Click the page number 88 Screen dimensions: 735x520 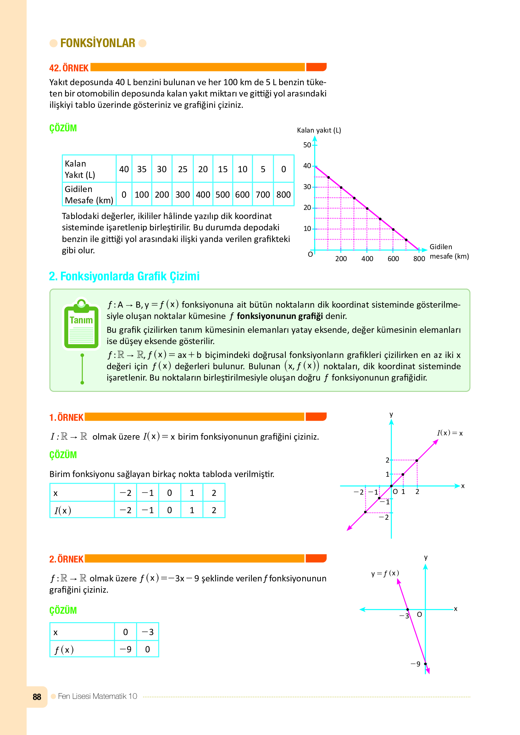(37, 697)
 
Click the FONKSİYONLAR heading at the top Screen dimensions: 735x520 (98, 43)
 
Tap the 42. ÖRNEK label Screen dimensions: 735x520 (69, 68)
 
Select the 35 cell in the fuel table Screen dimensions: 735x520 (142, 169)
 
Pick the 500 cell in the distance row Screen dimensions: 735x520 (223, 194)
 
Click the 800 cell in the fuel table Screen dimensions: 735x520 (283, 194)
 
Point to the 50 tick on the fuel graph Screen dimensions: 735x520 (307, 145)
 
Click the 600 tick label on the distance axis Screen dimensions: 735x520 (393, 259)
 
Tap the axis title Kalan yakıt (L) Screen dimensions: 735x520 (319, 130)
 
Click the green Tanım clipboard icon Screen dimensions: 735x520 (81, 325)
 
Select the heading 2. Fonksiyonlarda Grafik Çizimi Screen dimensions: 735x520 (124, 276)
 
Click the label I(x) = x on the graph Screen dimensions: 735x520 (450, 433)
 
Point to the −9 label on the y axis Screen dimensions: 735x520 (416, 664)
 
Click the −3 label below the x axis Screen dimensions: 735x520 (404, 616)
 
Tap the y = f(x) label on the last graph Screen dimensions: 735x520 (385, 573)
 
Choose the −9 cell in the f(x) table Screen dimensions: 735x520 (125, 649)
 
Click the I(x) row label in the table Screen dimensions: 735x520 (63, 510)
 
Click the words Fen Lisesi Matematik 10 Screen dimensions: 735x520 (98, 696)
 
